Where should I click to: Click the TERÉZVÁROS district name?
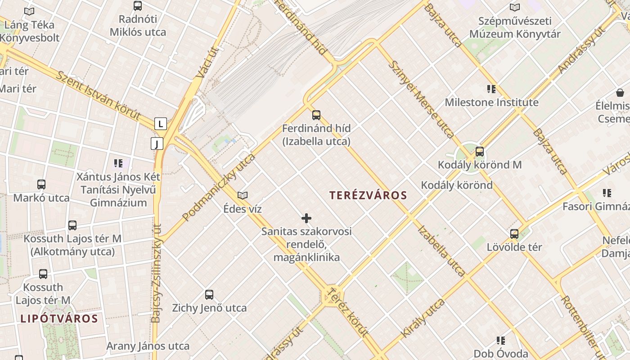[x=368, y=195]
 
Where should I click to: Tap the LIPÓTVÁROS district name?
[x=59, y=319]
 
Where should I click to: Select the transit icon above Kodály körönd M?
[x=480, y=152]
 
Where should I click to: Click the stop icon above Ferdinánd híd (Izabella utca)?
[x=316, y=115]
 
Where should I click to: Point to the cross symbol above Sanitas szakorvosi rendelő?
[x=306, y=219]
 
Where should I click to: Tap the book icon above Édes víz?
[x=243, y=195]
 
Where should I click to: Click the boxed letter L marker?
[x=160, y=124]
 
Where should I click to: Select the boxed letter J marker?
[x=157, y=144]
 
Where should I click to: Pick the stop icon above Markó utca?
[x=41, y=184]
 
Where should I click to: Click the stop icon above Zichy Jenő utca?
[x=209, y=295]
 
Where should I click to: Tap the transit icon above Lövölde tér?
[x=514, y=234]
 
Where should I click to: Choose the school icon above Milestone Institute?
[x=491, y=89]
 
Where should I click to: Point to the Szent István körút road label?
[x=98, y=94]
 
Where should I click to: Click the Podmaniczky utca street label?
[x=219, y=187]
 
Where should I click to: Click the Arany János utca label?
[x=148, y=346]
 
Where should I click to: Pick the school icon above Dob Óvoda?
[x=501, y=341]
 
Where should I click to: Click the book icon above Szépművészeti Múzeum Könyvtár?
[x=515, y=8]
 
